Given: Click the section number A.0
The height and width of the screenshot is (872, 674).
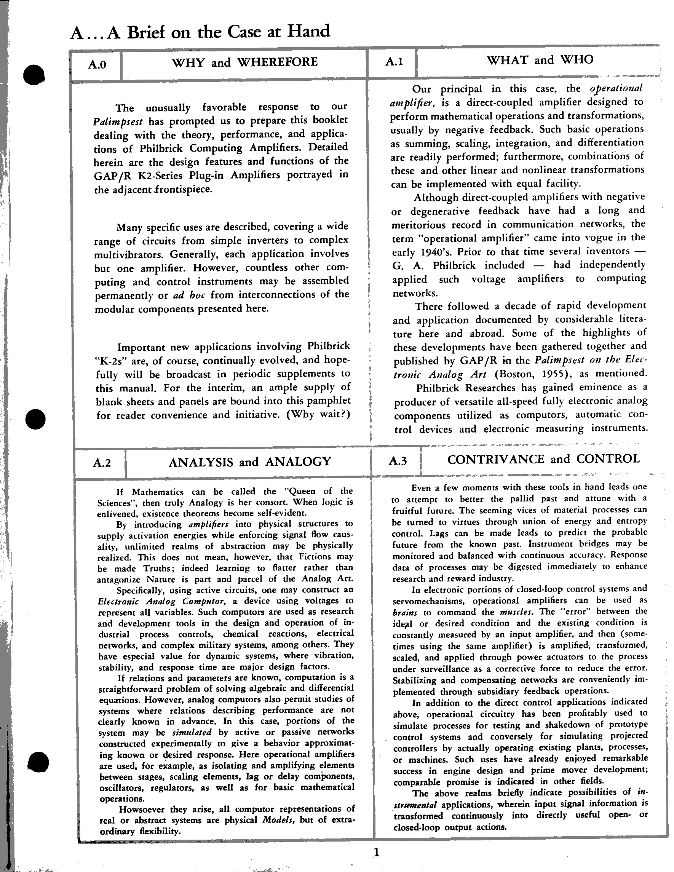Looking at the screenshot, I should tap(97, 64).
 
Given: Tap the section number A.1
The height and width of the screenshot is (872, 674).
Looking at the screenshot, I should tap(394, 61).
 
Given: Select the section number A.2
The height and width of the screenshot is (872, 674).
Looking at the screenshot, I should tap(102, 463).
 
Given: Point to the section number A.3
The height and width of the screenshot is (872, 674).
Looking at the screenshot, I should tap(398, 461).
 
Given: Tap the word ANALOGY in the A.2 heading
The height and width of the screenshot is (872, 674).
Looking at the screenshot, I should tap(298, 462).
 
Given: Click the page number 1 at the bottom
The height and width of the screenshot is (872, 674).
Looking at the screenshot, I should tap(376, 853).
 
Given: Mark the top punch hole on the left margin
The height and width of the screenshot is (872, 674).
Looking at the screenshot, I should tap(35, 75).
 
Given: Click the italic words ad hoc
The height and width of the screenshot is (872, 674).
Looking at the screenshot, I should tap(189, 295).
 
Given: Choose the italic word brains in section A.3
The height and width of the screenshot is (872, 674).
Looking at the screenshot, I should tap(405, 612).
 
